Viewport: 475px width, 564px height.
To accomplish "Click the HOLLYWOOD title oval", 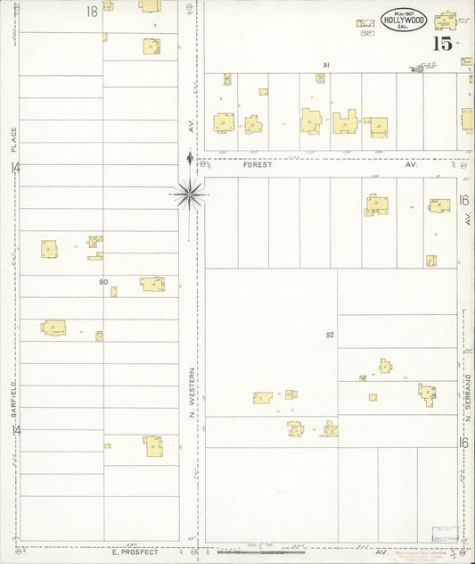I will click(x=405, y=19).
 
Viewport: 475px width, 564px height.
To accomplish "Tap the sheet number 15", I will click(x=442, y=43).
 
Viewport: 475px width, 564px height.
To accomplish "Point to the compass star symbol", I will click(x=190, y=191).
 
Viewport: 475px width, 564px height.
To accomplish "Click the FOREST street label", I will click(x=255, y=165).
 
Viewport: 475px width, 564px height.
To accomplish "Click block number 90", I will click(x=103, y=282).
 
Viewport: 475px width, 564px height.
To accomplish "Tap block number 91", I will click(x=326, y=65).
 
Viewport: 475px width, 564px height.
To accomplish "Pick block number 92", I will click(x=329, y=335).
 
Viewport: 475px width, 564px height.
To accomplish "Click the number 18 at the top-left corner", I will click(x=92, y=11).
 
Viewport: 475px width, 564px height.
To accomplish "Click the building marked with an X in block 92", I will click(x=332, y=430).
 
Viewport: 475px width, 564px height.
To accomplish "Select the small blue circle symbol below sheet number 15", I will click(x=416, y=68).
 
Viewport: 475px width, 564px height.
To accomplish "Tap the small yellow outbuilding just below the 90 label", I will click(x=113, y=291).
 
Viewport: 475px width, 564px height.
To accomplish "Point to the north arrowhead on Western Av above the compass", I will click(x=189, y=158).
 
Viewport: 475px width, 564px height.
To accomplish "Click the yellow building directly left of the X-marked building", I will click(x=297, y=429).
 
